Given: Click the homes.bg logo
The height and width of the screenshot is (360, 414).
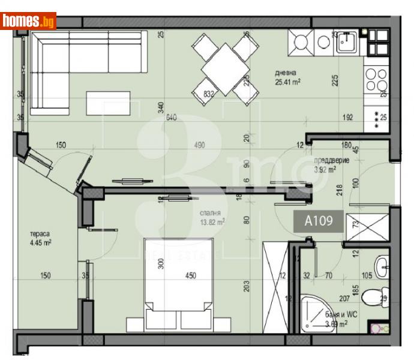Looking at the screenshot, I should point(28,22).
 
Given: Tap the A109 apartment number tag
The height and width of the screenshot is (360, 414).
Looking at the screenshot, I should point(317,221).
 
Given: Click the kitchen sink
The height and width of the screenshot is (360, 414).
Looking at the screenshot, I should point(347,42).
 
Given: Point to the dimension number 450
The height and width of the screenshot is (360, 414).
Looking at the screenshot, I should point(190,276).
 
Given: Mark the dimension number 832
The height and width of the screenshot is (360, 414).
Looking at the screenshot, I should point(209,93).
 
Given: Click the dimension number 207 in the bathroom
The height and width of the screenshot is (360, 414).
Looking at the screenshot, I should point(344,298).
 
